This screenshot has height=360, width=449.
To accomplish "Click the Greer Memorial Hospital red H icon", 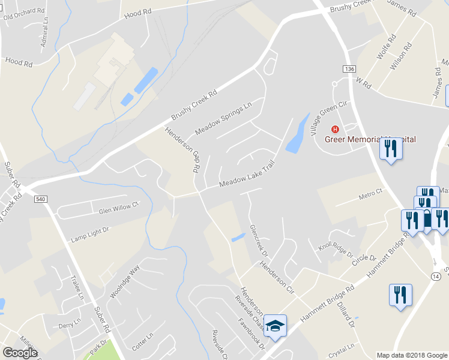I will tap(335, 129).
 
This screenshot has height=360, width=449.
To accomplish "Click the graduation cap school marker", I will tap(276, 326).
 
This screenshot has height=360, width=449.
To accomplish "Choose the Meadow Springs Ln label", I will tap(223, 119).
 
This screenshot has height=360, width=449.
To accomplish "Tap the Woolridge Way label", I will tap(124, 280).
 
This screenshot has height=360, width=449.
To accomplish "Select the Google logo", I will tap(20, 352).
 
